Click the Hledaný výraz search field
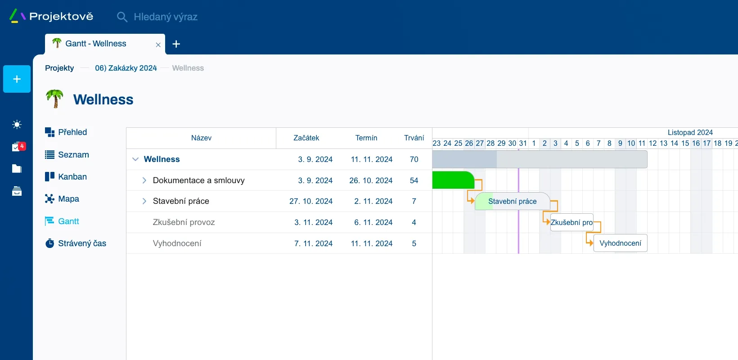166,17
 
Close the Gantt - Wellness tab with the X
158,45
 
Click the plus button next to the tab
176,44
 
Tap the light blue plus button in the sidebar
17,79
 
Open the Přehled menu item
72,132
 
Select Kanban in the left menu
72,177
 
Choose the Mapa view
68,199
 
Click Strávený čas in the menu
82,243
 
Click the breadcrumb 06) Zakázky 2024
126,68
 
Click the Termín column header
366,138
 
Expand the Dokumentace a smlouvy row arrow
144,180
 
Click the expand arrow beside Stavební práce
144,201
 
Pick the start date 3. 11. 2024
313,222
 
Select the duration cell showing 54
414,180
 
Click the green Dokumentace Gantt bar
452,180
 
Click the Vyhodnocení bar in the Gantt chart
620,243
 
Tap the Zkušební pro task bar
571,222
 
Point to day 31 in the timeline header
523,143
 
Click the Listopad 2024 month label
690,132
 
